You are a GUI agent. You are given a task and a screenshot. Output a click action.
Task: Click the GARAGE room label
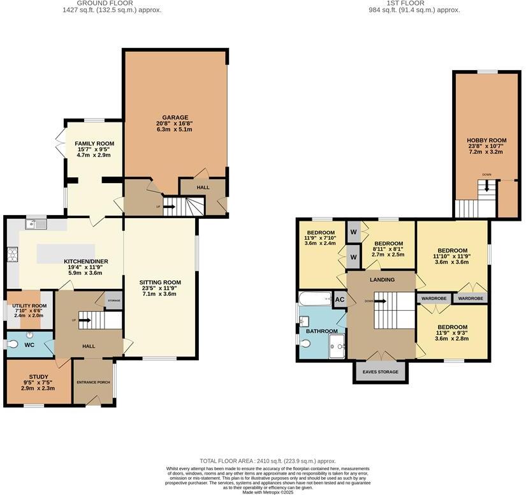[x=175, y=117]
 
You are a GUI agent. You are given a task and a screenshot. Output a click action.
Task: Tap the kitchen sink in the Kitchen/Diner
[x=36, y=224]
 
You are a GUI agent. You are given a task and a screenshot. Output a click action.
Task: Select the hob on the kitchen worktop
[x=11, y=255]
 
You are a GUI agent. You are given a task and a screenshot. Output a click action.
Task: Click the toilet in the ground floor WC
[x=13, y=344]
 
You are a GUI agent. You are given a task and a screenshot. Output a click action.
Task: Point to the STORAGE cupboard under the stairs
[x=113, y=300]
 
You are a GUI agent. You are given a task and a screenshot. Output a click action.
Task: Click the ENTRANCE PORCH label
[x=94, y=382]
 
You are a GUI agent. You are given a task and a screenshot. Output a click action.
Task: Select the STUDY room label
[x=38, y=376]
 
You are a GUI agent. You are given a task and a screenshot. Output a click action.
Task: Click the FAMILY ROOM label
[x=94, y=144]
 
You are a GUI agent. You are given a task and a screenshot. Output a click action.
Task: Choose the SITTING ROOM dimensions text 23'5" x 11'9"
[x=160, y=289]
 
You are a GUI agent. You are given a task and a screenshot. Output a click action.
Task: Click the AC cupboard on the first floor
[x=339, y=300]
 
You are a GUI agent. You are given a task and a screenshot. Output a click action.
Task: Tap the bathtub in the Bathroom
[x=315, y=299]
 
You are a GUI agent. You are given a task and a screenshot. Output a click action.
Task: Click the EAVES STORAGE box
[x=381, y=372]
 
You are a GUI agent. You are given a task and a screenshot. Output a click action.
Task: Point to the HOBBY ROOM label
[x=486, y=140]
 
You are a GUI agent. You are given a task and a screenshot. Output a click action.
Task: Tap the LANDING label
[x=382, y=279]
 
